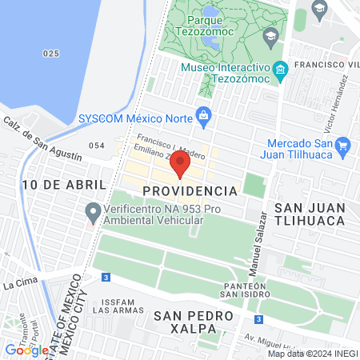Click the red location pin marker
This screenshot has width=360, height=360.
(180, 165)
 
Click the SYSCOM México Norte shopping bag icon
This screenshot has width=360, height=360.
(203, 116)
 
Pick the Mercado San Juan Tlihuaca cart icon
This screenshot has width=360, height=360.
(344, 145)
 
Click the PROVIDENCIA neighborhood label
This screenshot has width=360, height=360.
(190, 192)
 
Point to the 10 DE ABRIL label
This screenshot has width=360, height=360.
(54, 185)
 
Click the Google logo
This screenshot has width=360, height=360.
(26, 350)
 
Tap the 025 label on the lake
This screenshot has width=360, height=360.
(51, 53)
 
